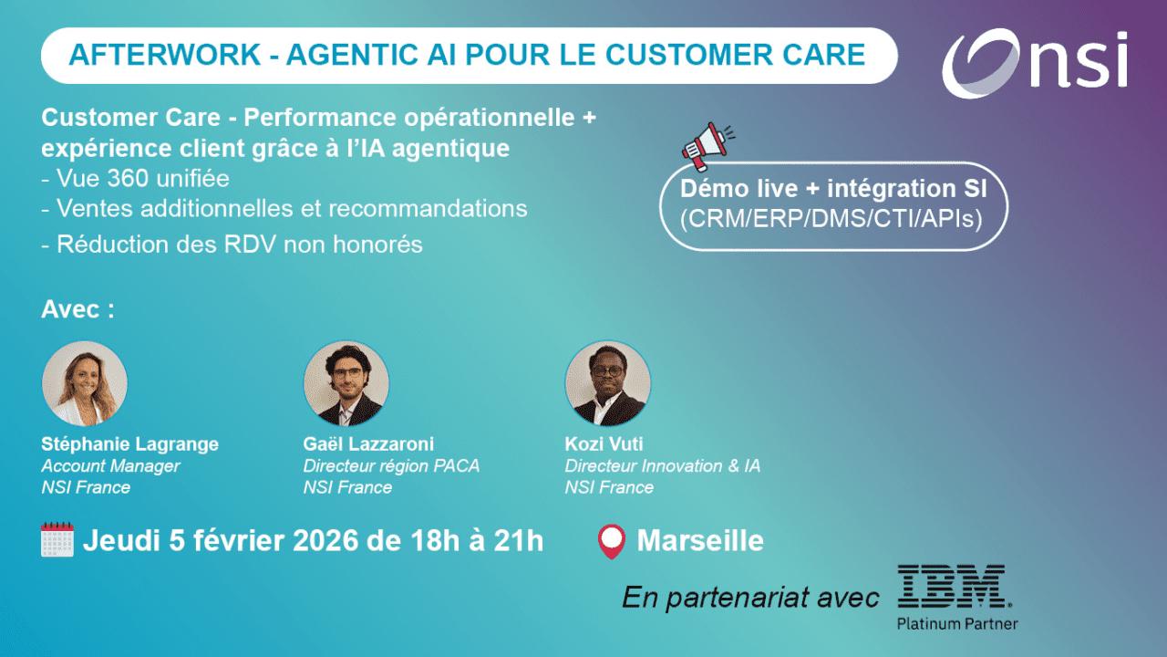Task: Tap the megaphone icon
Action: pyautogui.click(x=707, y=144)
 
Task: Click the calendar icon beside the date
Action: pyautogui.click(x=57, y=539)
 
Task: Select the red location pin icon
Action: pyautogui.click(x=611, y=541)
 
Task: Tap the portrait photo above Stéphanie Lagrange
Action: pyautogui.click(x=85, y=384)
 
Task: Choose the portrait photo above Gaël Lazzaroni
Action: pyautogui.click(x=346, y=384)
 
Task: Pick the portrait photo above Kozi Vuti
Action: pyautogui.click(x=608, y=384)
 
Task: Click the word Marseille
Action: pyautogui.click(x=700, y=540)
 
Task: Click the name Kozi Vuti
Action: pyautogui.click(x=604, y=444)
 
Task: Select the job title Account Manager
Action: pyautogui.click(x=110, y=466)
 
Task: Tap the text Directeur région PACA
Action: pyautogui.click(x=391, y=466)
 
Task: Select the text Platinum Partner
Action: pyautogui.click(x=957, y=624)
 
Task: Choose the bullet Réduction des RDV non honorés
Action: pyautogui.click(x=232, y=245)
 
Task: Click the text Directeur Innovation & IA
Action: pyautogui.click(x=662, y=466)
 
